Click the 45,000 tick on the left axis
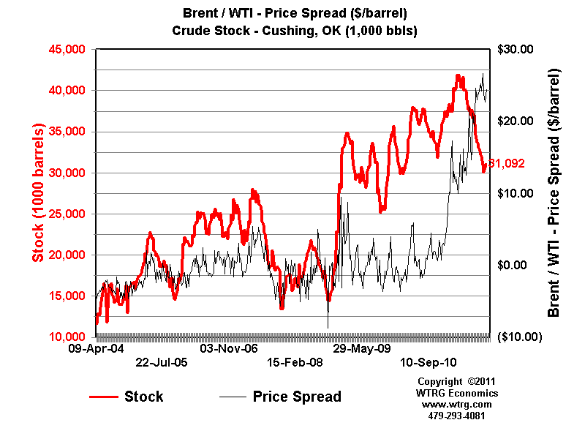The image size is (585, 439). pos(67,49)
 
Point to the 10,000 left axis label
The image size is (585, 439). pos(67,337)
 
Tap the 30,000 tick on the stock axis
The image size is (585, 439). pos(67,173)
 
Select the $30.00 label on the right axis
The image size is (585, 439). pos(516,49)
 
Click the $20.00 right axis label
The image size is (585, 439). pos(516,121)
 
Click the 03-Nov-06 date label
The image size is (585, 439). pos(229,349)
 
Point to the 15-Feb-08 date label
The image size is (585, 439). pos(295,361)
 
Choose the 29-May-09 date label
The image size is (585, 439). pos(361,349)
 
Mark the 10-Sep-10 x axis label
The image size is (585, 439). pos(428,361)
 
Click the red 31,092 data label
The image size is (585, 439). pos(507,164)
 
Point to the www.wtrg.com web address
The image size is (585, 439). pos(456,404)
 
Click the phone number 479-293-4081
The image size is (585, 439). pos(456,415)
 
